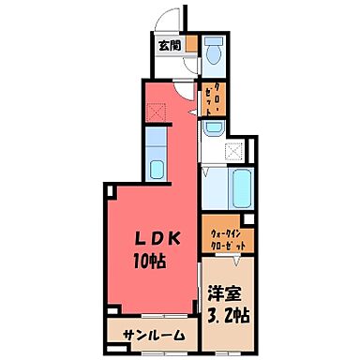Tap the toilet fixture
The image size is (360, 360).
click(212, 52)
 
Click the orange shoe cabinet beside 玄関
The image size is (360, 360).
click(190, 43)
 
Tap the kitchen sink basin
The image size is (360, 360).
click(157, 171)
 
